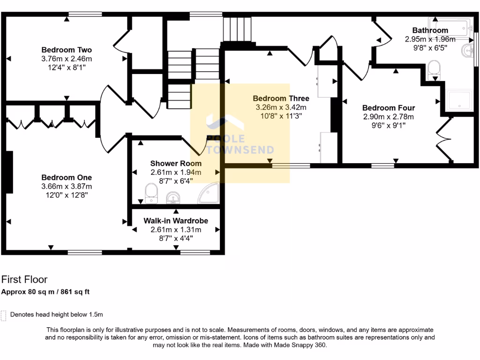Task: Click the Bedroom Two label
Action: click(66, 50)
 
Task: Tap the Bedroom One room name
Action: click(66, 178)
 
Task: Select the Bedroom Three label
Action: click(281, 98)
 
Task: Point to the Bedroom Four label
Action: click(388, 107)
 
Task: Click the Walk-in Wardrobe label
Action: click(176, 221)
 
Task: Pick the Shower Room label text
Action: click(176, 164)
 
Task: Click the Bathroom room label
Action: click(430, 30)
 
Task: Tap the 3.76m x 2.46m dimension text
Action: click(66, 59)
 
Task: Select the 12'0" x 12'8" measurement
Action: click(66, 195)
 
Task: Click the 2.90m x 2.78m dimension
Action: click(388, 116)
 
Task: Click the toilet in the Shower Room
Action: click(151, 193)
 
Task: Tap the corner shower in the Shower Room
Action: click(209, 193)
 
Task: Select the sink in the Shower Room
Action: click(173, 198)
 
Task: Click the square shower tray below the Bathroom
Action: click(458, 100)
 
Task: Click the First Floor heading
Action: click(24, 280)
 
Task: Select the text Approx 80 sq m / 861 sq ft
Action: click(45, 292)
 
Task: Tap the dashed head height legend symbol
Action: click(4, 315)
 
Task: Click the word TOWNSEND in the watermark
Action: click(240, 150)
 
